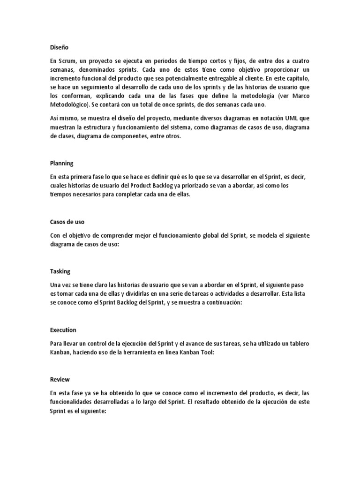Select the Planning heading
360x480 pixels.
coord(61,164)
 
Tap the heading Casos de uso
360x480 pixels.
coord(67,222)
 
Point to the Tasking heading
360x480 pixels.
coord(60,271)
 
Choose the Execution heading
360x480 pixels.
coord(63,330)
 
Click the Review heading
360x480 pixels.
coord(59,380)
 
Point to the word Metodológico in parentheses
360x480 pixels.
coord(70,105)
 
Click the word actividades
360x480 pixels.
coord(221,294)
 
